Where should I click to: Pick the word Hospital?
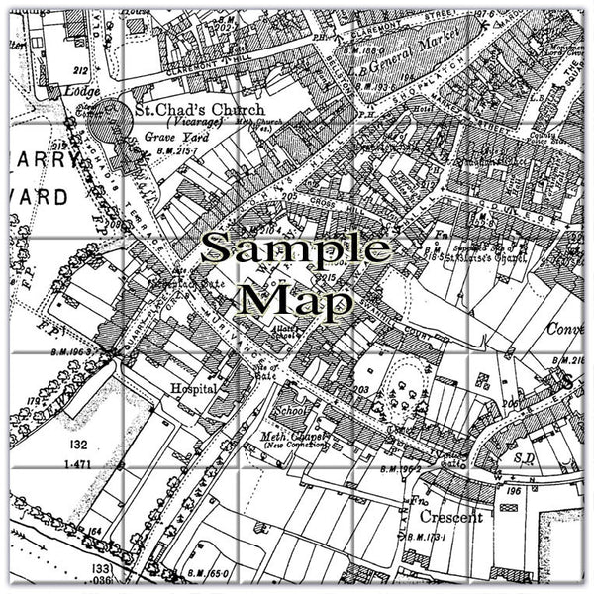tap(192, 389)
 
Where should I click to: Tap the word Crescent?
tap(451, 518)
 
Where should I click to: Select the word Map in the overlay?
tap(296, 298)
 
